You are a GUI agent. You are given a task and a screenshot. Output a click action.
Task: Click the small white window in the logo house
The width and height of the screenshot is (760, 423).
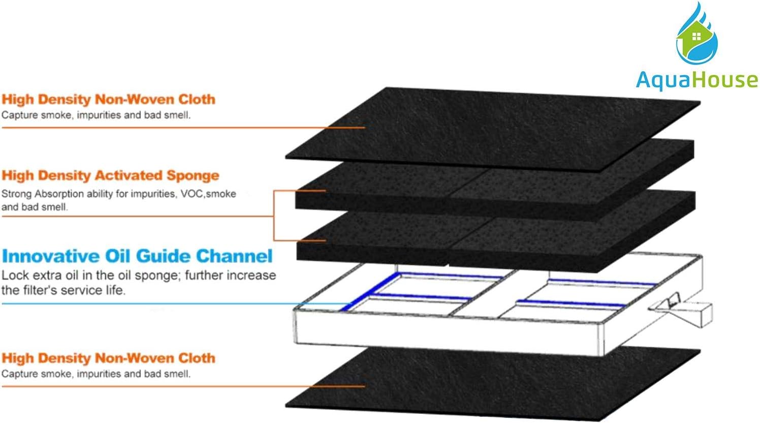[696, 36]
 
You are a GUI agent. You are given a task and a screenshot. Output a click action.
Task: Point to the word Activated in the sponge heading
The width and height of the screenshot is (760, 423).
[129, 175]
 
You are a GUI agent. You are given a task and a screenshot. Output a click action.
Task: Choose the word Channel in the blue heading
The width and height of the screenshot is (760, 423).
[234, 256]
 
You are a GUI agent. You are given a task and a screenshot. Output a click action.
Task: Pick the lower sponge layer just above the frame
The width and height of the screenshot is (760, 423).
[495, 234]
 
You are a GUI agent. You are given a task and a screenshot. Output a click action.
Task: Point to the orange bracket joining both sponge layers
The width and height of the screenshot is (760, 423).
[274, 216]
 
